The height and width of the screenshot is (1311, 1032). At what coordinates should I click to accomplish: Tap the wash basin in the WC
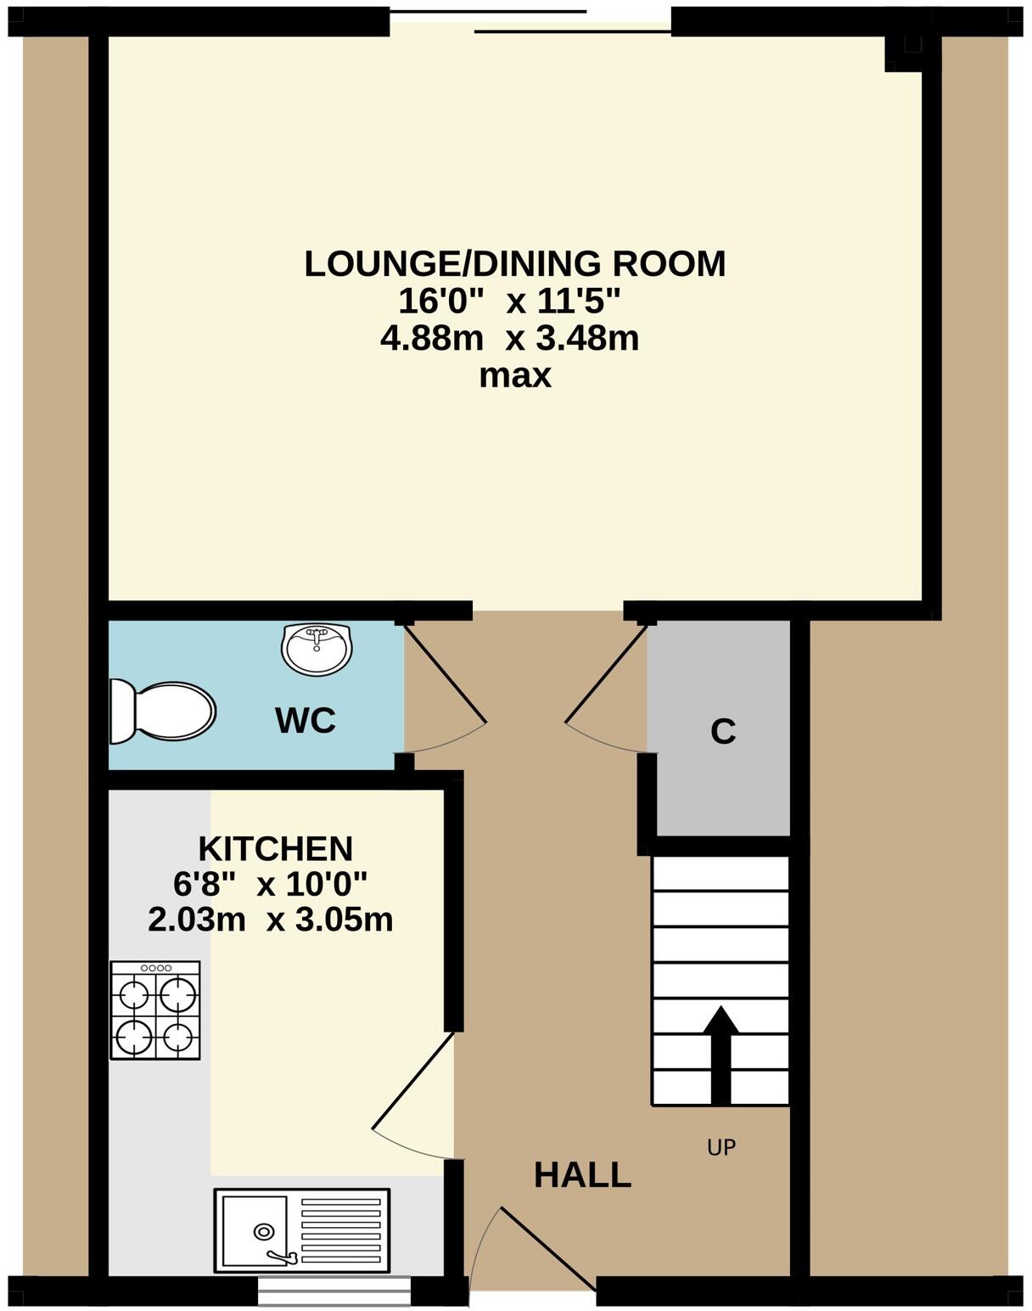tap(316, 650)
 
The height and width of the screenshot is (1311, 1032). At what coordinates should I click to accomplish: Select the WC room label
tap(306, 721)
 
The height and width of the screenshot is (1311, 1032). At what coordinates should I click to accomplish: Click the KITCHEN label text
tap(275, 848)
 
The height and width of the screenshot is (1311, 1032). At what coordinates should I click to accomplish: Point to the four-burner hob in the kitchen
tap(155, 1010)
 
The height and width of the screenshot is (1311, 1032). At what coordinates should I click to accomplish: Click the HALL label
tap(582, 1175)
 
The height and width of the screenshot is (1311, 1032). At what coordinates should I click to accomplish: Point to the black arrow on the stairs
tap(721, 1053)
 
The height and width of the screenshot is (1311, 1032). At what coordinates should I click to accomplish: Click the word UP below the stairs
tap(721, 1148)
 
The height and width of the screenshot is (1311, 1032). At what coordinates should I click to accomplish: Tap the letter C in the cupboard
tap(722, 731)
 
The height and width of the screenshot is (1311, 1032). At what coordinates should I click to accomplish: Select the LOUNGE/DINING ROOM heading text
tap(515, 264)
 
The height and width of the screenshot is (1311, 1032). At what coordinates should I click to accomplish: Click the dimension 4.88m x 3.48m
tap(509, 339)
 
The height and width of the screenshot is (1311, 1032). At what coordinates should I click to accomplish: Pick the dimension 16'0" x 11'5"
tap(509, 301)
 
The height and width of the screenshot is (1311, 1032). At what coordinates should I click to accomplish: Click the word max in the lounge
tap(515, 375)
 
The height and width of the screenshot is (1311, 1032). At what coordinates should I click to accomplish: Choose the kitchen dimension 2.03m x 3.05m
tap(270, 920)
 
